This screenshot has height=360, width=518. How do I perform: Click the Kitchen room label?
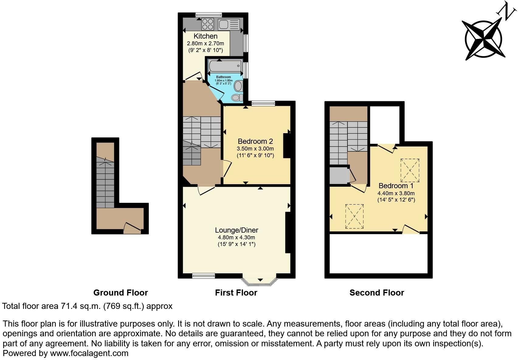pyautogui.click(x=205, y=36)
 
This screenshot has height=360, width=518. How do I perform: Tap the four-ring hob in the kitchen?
pyautogui.click(x=208, y=24)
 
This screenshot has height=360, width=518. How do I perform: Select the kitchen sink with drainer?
pyautogui.click(x=229, y=24)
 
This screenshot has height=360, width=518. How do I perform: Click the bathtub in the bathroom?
pyautogui.click(x=225, y=66)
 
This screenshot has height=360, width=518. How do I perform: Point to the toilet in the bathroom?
pyautogui.click(x=237, y=98)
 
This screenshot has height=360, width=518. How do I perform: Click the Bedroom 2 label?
pyautogui.click(x=255, y=141)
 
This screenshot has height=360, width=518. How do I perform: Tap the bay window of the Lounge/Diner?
pyautogui.click(x=260, y=282)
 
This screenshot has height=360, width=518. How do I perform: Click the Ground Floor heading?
pyautogui.click(x=120, y=293)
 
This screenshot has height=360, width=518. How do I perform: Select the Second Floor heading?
pyautogui.click(x=377, y=293)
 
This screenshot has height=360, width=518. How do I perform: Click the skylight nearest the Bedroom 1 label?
pyautogui.click(x=410, y=170)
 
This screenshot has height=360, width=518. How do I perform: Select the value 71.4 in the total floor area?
pyautogui.click(x=66, y=306)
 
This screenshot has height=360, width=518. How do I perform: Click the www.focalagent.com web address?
pyautogui.click(x=89, y=353)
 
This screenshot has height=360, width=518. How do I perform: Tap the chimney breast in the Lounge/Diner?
pyautogui.click(x=288, y=233)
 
